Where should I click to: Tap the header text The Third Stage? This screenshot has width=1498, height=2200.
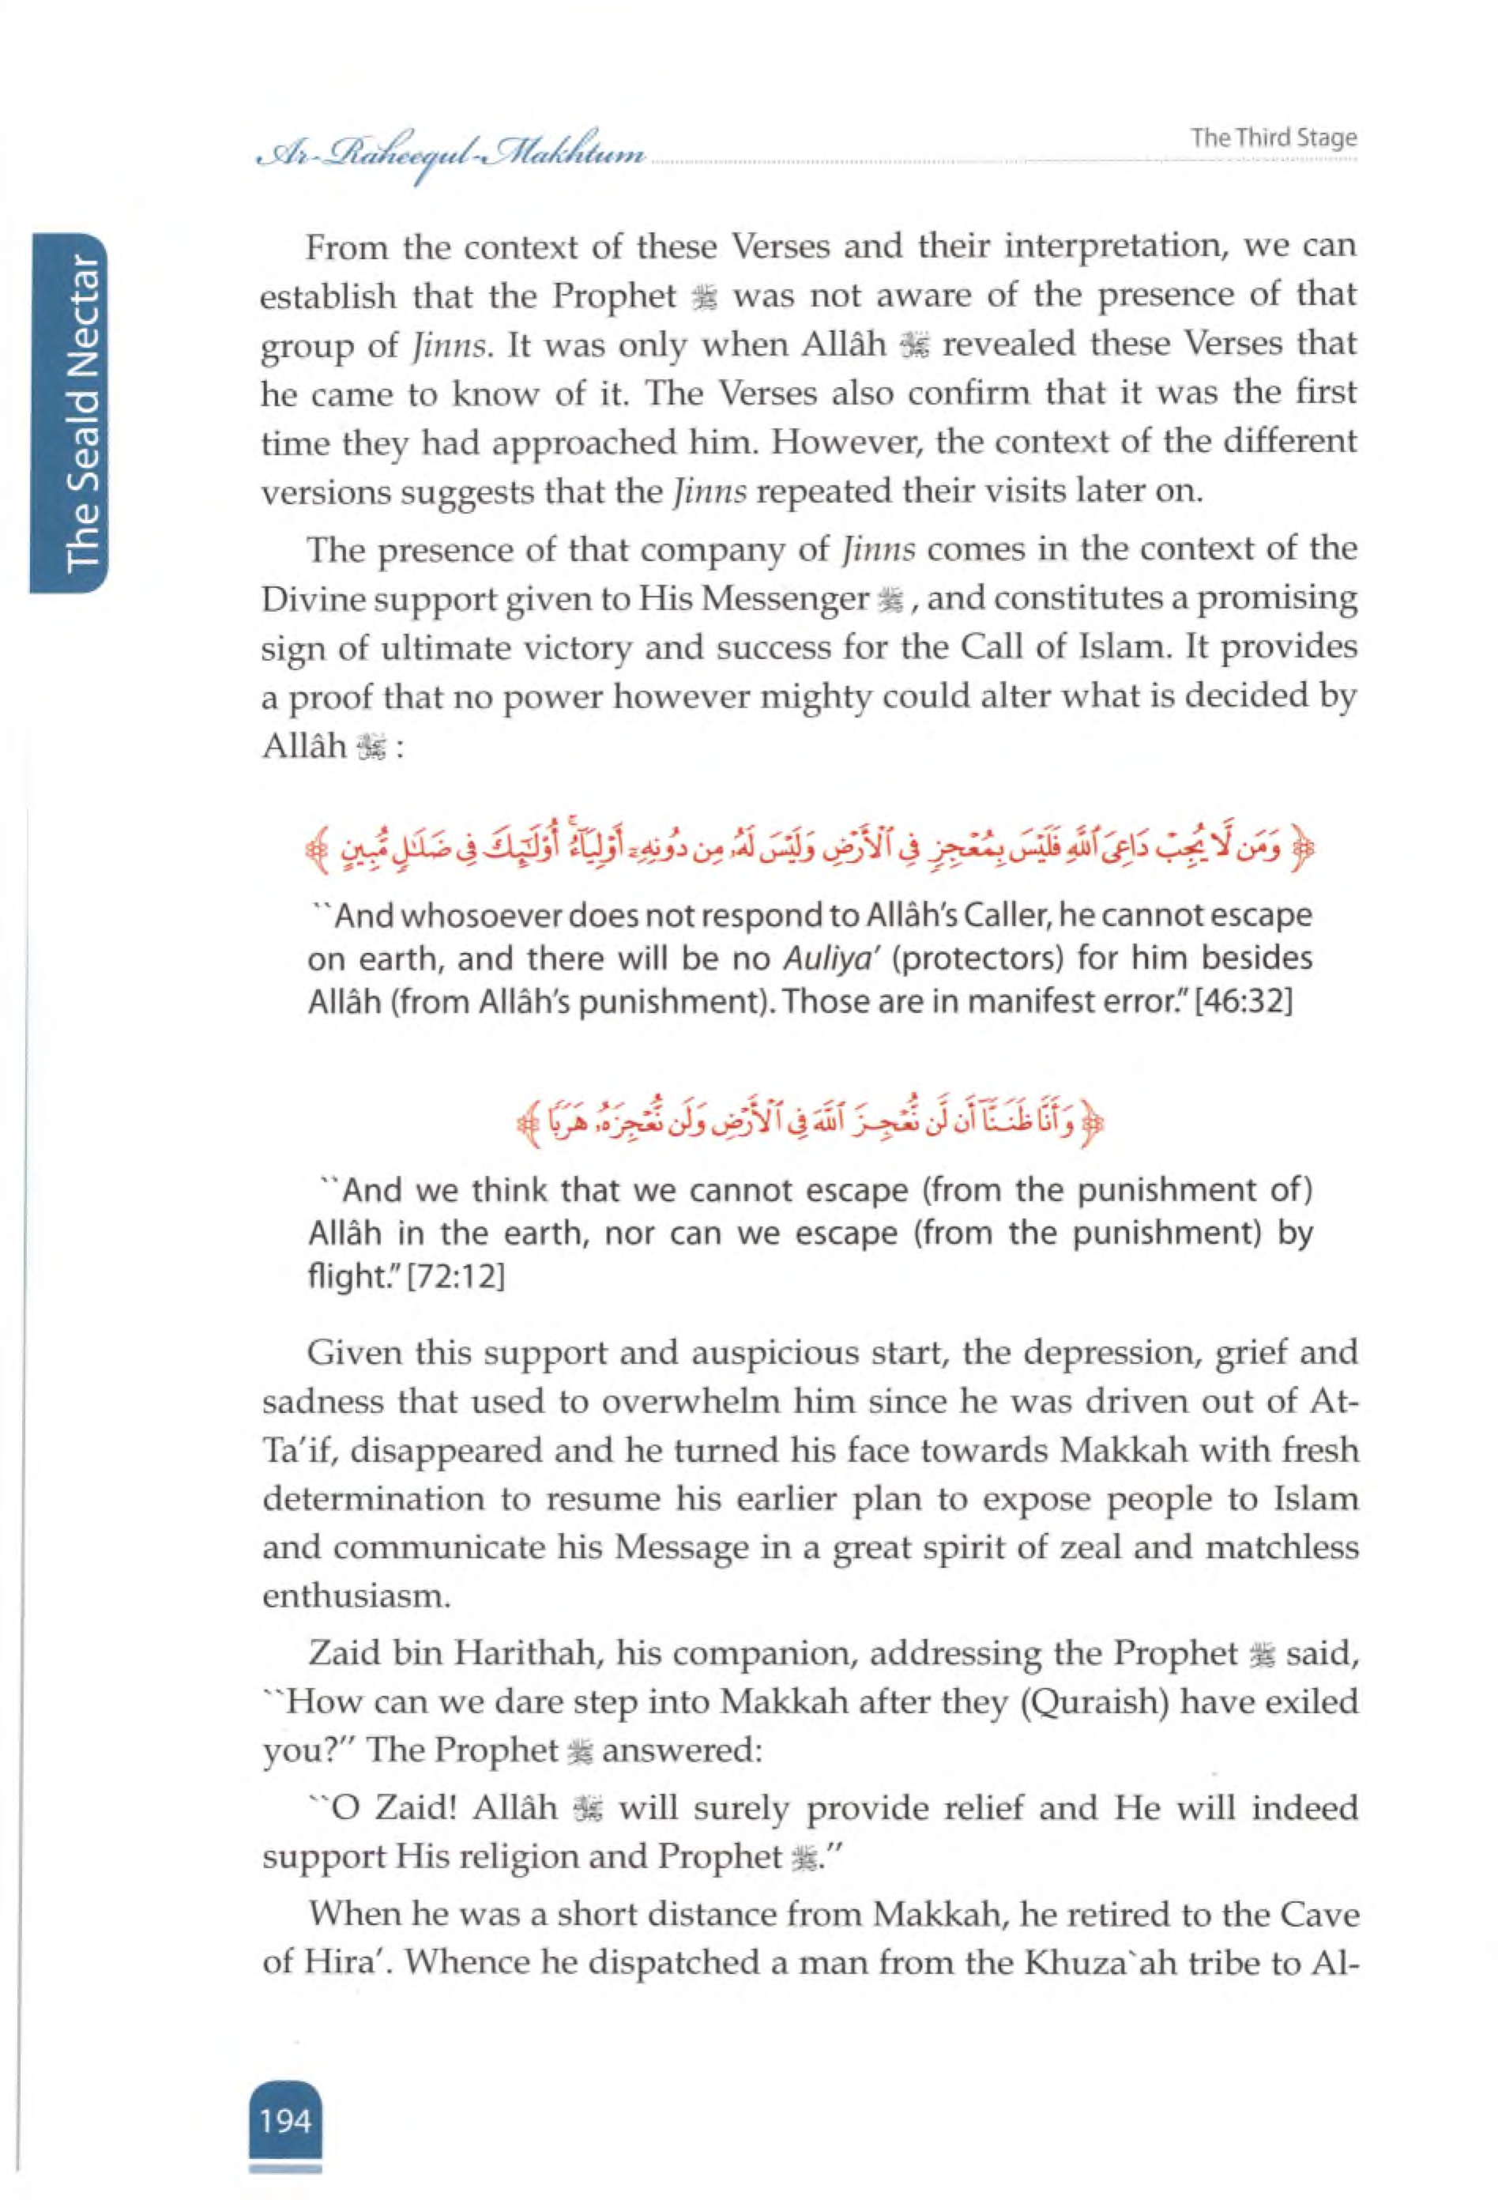coord(1274,138)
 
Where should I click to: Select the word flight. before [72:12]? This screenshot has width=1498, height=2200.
coord(344,1277)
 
